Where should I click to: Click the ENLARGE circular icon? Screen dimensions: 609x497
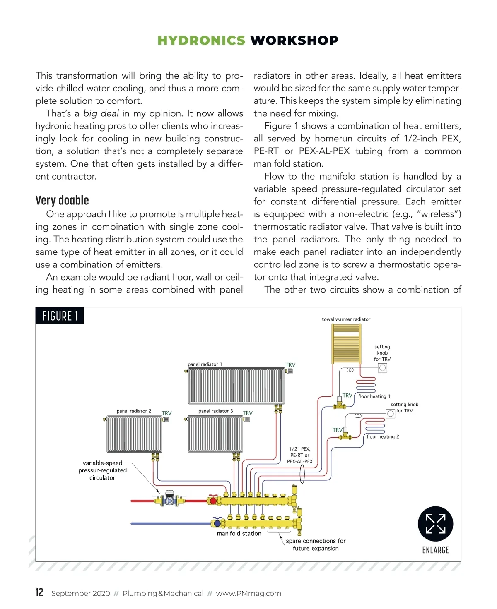(x=435, y=524)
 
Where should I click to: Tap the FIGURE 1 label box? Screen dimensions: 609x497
(x=60, y=316)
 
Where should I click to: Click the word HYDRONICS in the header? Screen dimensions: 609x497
(x=201, y=41)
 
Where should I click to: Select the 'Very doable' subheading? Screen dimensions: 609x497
(x=62, y=200)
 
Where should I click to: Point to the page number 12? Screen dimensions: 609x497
(x=39, y=592)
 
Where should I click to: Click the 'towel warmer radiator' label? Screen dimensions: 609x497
(x=346, y=319)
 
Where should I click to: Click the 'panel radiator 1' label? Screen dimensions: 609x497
(x=205, y=364)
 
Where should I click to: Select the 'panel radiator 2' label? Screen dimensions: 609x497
(x=134, y=411)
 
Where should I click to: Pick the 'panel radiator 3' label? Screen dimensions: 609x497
(x=215, y=411)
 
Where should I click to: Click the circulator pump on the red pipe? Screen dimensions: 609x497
(x=169, y=500)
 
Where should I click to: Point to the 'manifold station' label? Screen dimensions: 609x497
(x=239, y=534)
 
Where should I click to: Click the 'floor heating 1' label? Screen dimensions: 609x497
(x=374, y=396)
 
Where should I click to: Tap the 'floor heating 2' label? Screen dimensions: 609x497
(x=383, y=437)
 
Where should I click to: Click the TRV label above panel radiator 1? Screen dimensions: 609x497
(x=290, y=365)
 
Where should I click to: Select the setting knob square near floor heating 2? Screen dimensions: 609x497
(x=390, y=414)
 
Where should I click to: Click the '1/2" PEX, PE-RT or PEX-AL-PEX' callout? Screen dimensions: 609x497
(x=299, y=455)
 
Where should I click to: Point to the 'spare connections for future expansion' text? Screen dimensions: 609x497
(x=316, y=544)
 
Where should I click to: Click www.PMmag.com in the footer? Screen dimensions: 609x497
(x=248, y=593)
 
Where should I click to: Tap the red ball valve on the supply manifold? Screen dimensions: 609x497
(x=213, y=501)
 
